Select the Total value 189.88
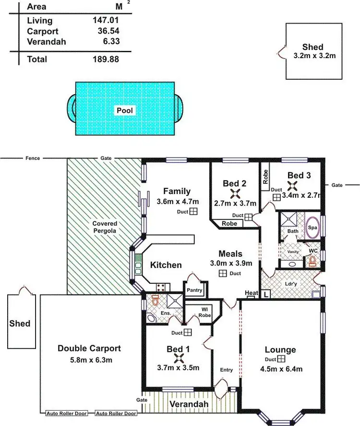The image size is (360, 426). click(x=105, y=59)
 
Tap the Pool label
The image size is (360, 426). click(x=125, y=110)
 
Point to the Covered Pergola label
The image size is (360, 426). click(x=105, y=227)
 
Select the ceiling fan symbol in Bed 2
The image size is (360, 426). click(x=235, y=194)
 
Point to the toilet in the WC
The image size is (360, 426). click(x=313, y=261)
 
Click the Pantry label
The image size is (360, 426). click(x=195, y=291)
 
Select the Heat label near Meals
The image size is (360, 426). click(x=251, y=293)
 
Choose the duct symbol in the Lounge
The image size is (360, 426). click(x=281, y=359)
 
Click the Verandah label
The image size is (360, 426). click(x=189, y=405)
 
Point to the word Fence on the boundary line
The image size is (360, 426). click(x=33, y=158)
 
